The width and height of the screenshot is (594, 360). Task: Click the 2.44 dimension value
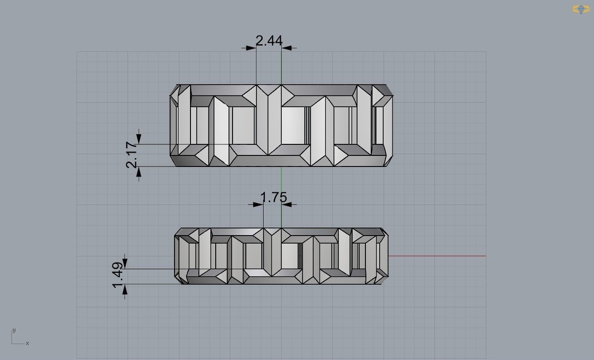269,41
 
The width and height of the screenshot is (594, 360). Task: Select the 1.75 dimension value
274,197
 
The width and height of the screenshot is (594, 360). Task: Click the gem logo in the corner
581,9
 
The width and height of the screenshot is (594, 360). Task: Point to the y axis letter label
14,330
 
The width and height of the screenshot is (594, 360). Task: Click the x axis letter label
27,343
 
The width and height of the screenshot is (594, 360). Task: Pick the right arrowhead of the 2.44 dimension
287,47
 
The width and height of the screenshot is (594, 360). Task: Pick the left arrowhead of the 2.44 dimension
251,47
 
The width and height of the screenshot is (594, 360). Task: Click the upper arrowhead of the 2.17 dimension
139,139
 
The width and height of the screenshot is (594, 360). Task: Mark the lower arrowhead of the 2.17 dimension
139,172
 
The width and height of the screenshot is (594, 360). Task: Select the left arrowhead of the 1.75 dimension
258,204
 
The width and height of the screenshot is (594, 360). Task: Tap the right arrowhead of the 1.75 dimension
287,204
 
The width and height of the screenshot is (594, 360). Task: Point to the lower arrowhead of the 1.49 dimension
125,289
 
